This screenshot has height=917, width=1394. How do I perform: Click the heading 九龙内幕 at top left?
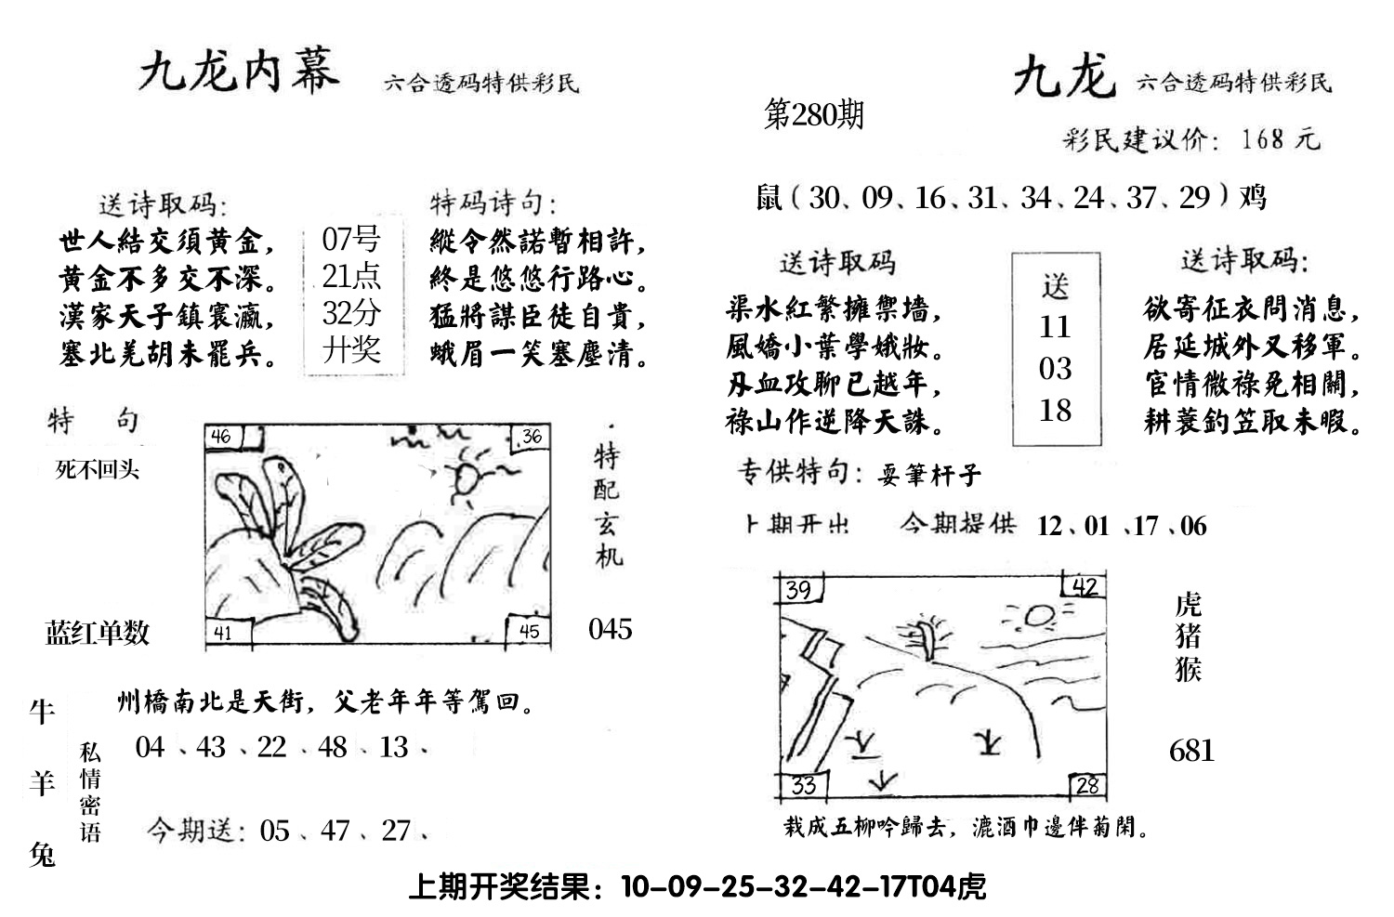click(238, 72)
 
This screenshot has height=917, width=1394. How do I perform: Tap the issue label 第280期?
click(813, 114)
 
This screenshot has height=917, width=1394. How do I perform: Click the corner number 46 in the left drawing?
click(221, 436)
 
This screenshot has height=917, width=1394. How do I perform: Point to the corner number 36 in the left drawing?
click(531, 436)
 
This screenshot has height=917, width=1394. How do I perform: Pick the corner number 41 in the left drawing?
click(222, 633)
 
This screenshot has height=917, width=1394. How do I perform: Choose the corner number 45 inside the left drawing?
click(529, 632)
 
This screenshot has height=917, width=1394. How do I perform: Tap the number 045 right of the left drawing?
click(610, 629)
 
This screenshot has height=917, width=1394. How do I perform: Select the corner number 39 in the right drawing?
click(797, 590)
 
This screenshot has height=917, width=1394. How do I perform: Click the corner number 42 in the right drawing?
click(1085, 587)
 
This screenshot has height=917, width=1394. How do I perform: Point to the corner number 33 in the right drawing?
click(802, 786)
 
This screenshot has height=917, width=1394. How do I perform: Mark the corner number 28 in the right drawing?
click(1086, 786)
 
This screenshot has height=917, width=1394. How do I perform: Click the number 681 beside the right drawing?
click(1191, 750)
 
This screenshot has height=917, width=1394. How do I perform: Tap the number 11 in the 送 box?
click(1055, 327)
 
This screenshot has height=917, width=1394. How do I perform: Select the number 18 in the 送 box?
click(1055, 410)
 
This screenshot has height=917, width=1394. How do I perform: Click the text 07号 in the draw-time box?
click(350, 240)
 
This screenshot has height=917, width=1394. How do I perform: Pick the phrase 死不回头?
click(97, 470)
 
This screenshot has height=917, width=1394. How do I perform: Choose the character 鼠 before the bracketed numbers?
click(769, 198)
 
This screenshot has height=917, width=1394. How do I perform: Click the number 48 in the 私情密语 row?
click(332, 747)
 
